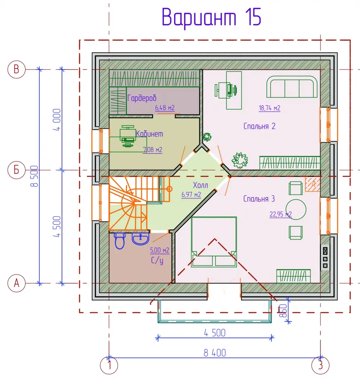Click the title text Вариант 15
(211, 18)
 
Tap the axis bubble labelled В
(17, 69)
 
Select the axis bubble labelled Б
(17, 170)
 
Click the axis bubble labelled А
(17, 283)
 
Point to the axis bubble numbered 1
(109, 365)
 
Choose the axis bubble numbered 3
(320, 365)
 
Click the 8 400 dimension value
(215, 353)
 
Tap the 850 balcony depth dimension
(283, 311)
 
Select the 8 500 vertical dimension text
(34, 176)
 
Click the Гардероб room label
(142, 98)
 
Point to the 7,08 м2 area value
(153, 150)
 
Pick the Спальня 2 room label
(259, 126)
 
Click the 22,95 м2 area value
(281, 214)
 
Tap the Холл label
(200, 185)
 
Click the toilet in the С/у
(120, 241)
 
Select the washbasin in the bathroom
(140, 239)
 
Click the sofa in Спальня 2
(292, 87)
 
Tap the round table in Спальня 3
(296, 209)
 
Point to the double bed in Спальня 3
(214, 242)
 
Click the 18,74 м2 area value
(269, 108)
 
